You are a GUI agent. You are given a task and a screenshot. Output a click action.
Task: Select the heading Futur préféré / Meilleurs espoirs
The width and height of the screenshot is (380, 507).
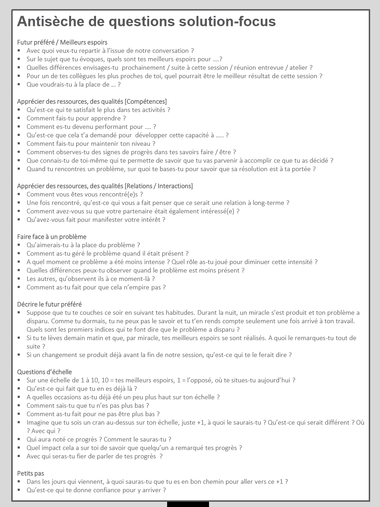(x=62, y=42)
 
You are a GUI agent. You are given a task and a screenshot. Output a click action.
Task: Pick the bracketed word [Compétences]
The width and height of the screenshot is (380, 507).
(x=146, y=101)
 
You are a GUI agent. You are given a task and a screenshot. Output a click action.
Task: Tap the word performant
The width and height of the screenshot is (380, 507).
(x=111, y=127)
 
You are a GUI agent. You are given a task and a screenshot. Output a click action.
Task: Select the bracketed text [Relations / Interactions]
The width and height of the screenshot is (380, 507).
(x=159, y=186)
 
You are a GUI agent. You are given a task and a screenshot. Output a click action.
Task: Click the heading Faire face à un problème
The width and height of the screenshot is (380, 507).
(x=52, y=237)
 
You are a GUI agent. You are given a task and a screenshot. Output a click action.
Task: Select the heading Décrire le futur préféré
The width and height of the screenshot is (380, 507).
(x=49, y=304)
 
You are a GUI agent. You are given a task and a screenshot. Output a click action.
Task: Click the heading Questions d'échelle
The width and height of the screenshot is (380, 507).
(x=44, y=372)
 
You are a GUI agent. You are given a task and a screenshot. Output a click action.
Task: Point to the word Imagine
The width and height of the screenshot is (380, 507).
(x=37, y=423)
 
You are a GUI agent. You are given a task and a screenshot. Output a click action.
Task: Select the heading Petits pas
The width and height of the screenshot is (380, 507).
(x=31, y=473)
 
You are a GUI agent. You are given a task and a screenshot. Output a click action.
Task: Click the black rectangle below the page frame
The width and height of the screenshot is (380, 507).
(x=188, y=504)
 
